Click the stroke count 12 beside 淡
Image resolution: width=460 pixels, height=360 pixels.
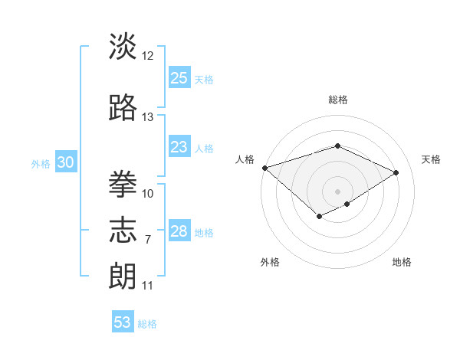[x=148, y=56]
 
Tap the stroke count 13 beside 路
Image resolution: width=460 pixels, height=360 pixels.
[x=148, y=117]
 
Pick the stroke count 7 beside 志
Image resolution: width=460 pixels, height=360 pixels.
[x=148, y=240]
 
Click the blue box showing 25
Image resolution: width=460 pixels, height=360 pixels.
[x=179, y=77]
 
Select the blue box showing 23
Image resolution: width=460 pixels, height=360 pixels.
[x=179, y=147]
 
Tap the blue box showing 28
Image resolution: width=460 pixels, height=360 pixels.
[x=179, y=231]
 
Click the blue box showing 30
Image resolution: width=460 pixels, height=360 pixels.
[x=65, y=162]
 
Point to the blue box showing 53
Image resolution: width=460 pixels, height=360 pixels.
[x=123, y=322]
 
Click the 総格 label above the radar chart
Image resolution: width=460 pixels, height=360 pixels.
[x=338, y=100]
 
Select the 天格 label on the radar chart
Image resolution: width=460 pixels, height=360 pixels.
[x=432, y=159]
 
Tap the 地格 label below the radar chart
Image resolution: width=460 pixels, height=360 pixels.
[x=402, y=262]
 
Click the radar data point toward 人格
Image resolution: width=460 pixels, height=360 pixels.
[x=264, y=168]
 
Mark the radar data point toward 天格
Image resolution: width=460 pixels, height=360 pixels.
[x=396, y=172]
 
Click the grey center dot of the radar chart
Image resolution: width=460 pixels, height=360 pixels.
[x=338, y=191]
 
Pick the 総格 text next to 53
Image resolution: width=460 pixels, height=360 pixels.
[x=147, y=324]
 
